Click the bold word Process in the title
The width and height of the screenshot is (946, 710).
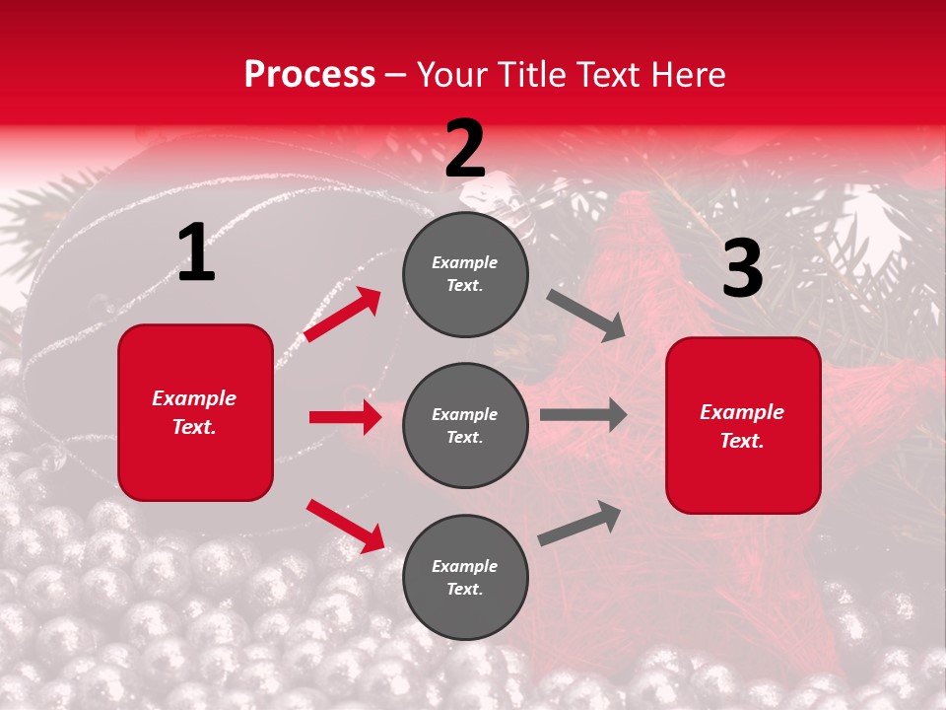click(x=309, y=75)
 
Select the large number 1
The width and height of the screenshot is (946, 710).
click(x=196, y=254)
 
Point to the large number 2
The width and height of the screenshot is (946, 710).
click(x=465, y=150)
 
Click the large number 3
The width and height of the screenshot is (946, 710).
click(x=742, y=269)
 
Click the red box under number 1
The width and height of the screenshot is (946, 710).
click(x=195, y=412)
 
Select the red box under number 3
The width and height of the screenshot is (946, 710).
click(x=743, y=425)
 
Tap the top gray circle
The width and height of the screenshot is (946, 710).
click(x=465, y=274)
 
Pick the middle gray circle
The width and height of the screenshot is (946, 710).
click(x=465, y=425)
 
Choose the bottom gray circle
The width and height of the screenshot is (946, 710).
click(x=465, y=577)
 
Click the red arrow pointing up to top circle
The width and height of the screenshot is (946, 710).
click(x=343, y=315)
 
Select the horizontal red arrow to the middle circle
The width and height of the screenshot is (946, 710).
click(x=345, y=417)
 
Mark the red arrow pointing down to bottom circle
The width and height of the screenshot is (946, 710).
click(x=345, y=526)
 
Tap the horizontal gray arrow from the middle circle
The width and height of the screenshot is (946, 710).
click(x=582, y=414)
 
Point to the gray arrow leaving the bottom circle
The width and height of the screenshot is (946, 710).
click(x=579, y=524)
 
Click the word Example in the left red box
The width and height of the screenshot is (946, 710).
click(x=194, y=398)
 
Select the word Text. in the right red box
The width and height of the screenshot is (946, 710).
click(x=742, y=441)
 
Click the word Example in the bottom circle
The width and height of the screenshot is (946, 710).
click(x=465, y=566)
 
